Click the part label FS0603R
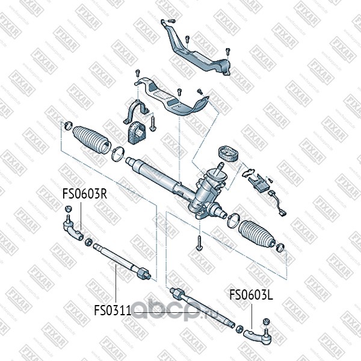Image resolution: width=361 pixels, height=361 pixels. (85, 194)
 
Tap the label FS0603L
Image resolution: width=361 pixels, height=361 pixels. (251, 295)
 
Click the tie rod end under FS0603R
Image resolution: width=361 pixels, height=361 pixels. (72, 229)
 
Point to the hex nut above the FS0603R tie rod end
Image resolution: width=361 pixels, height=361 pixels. (68, 209)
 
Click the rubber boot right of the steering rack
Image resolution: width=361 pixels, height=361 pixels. (254, 233)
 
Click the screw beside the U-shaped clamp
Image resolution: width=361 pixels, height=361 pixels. (153, 123)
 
